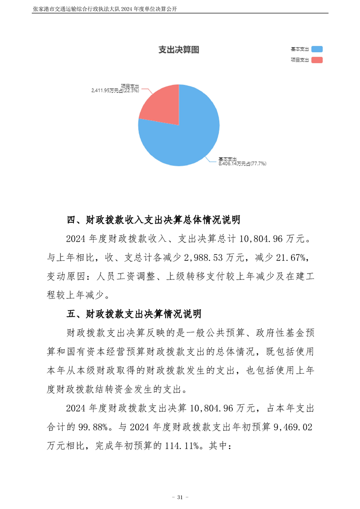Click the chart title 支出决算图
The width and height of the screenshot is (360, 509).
[x=178, y=50]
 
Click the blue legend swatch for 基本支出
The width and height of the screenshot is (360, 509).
[x=317, y=49]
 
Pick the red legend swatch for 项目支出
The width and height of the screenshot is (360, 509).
[x=317, y=60]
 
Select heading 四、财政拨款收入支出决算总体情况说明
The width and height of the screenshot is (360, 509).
[x=153, y=220]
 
